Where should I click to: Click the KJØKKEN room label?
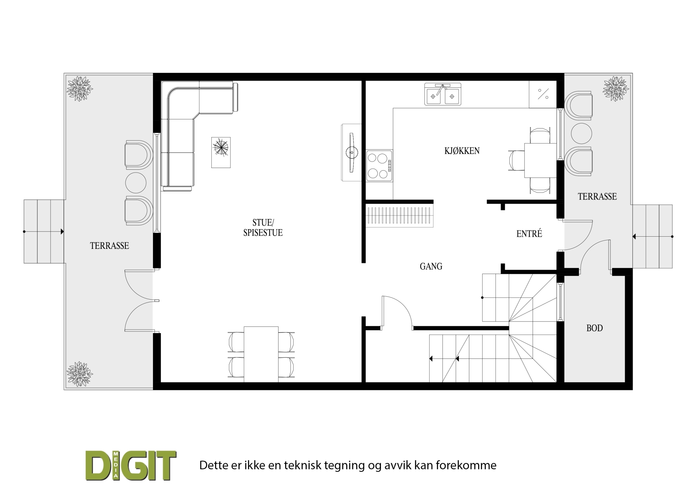click(x=462, y=151)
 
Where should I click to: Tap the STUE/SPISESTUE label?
click(x=263, y=227)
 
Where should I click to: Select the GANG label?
click(x=431, y=266)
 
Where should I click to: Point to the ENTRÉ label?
click(x=529, y=234)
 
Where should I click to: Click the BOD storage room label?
click(x=595, y=328)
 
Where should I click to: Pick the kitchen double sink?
click(x=442, y=94)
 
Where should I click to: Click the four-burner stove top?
click(x=379, y=166)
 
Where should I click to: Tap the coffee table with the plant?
click(x=221, y=152)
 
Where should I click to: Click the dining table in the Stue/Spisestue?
click(x=261, y=354)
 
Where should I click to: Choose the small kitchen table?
click(x=540, y=160)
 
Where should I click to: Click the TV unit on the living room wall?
click(x=351, y=152)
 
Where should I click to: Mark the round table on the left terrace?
click(x=136, y=183)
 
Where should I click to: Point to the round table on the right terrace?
click(x=581, y=133)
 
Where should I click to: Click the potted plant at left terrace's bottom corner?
click(x=80, y=374)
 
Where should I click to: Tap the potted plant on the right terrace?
click(x=616, y=89)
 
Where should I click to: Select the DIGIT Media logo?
click(x=131, y=465)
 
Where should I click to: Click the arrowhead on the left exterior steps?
click(x=62, y=232)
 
